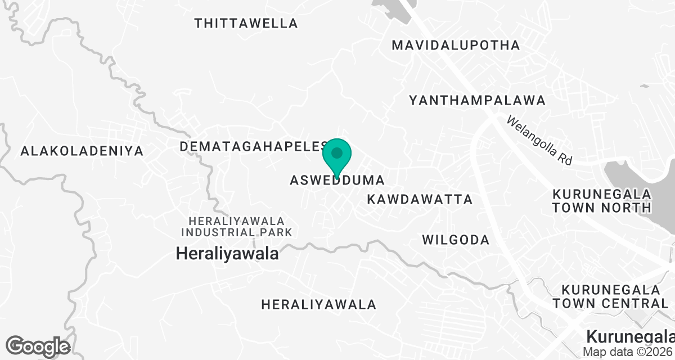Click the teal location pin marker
click(337, 159)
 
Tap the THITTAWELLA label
click(246, 24)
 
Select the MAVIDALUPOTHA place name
click(456, 45)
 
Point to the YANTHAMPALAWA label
click(478, 101)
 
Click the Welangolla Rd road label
click(539, 140)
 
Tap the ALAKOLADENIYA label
click(82, 151)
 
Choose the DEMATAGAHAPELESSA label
click(253, 147)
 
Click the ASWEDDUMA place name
click(337, 181)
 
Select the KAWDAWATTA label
click(420, 200)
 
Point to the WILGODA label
click(456, 240)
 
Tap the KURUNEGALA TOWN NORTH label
click(602, 201)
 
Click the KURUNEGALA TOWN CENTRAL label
click(610, 296)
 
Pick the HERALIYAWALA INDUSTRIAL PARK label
click(237, 226)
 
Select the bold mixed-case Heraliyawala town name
click(227, 254)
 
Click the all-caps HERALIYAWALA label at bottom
click(318, 305)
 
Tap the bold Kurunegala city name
click(630, 336)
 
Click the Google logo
click(38, 346)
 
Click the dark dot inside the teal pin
click(337, 152)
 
